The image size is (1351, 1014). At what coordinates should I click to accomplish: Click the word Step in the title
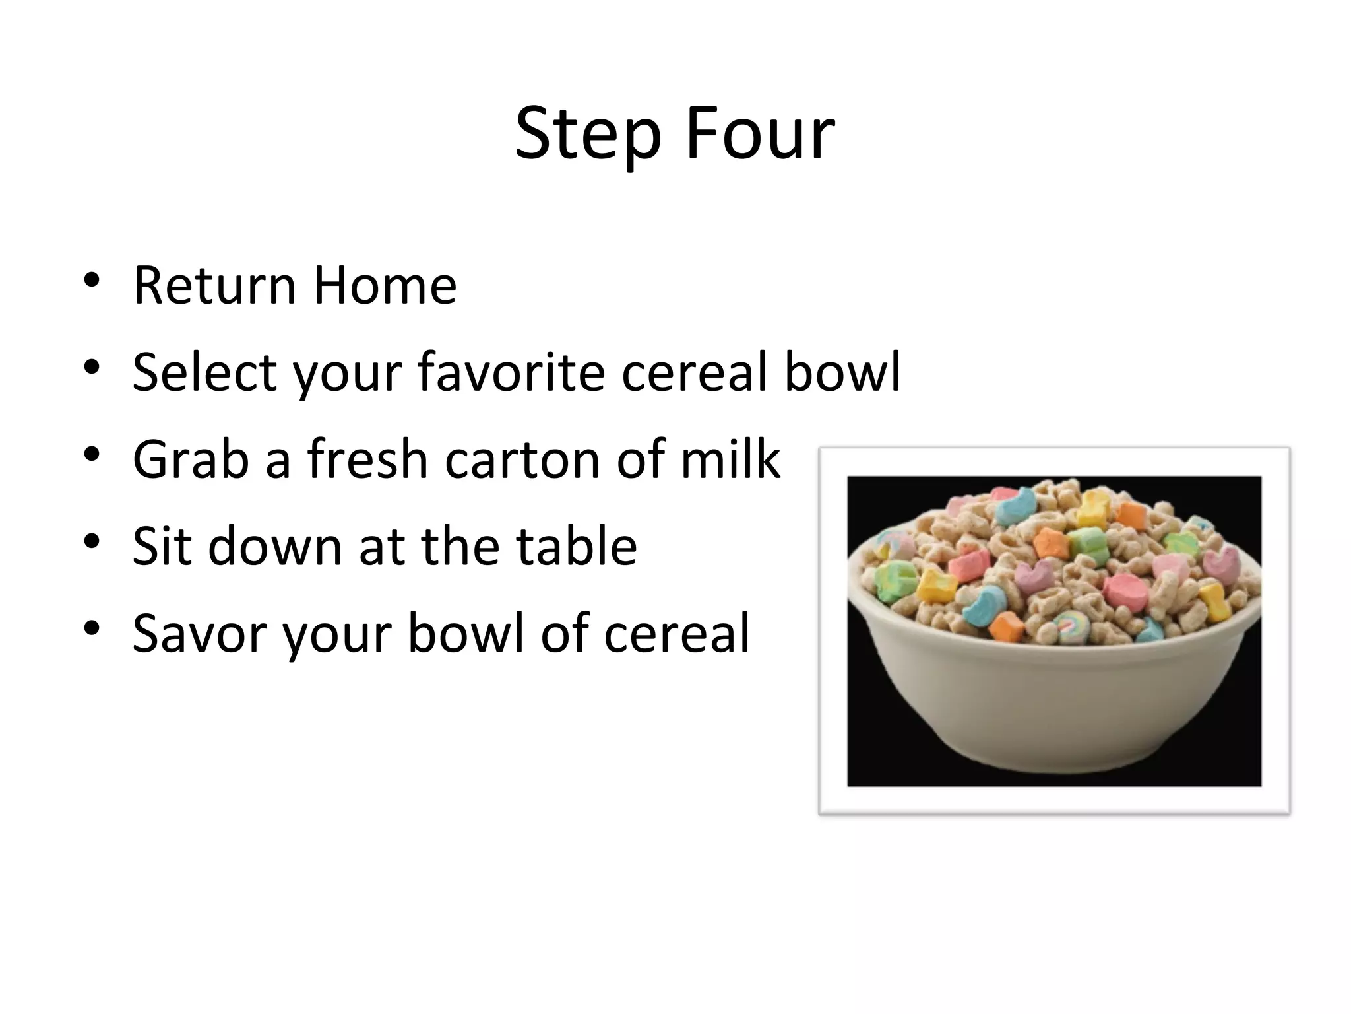click(587, 135)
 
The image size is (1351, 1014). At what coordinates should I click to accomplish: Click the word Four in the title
click(760, 135)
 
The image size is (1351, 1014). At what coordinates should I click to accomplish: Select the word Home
click(385, 286)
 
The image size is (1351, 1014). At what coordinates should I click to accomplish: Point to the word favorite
click(511, 372)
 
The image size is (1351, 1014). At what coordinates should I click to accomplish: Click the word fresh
click(367, 459)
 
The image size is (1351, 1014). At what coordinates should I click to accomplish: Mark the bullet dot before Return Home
click(92, 280)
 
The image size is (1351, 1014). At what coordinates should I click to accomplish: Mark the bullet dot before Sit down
click(92, 541)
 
